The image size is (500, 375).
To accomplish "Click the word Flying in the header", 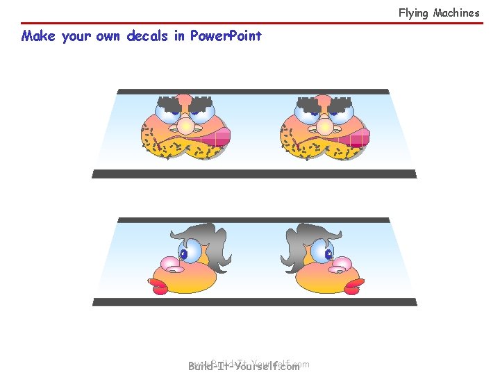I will pyautogui.click(x=413, y=12).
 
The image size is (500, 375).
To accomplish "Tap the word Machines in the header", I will pyautogui.click(x=456, y=12).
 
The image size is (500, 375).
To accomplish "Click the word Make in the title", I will pyautogui.click(x=38, y=36).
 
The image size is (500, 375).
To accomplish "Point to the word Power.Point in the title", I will pyautogui.click(x=226, y=36).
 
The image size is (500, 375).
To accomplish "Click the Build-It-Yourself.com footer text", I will pyautogui.click(x=244, y=366).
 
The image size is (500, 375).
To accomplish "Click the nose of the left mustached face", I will pyautogui.click(x=186, y=124).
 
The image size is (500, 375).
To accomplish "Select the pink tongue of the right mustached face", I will pyautogui.click(x=355, y=137).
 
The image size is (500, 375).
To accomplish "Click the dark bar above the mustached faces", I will pyautogui.click(x=253, y=91).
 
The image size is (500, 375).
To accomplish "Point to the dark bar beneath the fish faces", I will pyautogui.click(x=254, y=302).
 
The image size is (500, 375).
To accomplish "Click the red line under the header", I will pyautogui.click(x=250, y=23).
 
